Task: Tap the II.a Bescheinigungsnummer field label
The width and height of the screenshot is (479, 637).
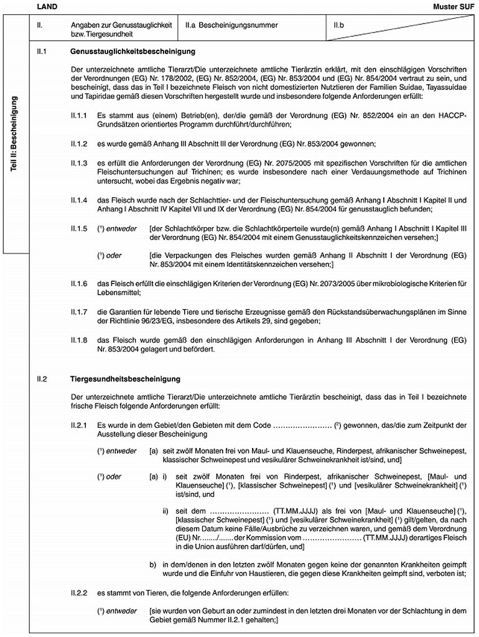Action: coord(227,25)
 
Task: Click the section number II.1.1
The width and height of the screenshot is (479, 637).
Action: coord(80,116)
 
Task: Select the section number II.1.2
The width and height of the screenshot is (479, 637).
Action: coord(80,144)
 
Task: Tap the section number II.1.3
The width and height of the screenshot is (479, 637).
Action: coord(80,162)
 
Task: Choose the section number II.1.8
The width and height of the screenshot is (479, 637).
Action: coord(80,340)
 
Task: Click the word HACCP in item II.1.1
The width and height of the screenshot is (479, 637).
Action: coord(453,116)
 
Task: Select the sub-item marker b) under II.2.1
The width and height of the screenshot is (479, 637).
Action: coord(152,565)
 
